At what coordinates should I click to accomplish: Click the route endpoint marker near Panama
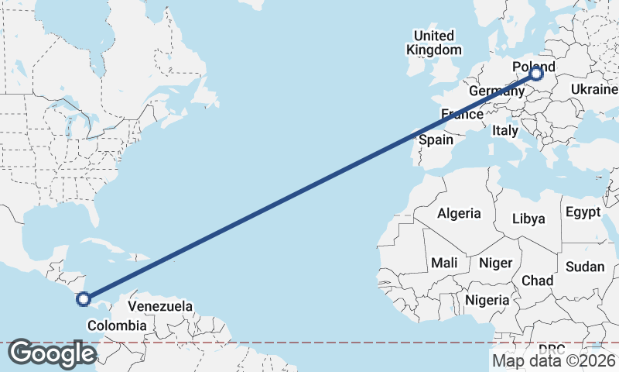click(x=84, y=298)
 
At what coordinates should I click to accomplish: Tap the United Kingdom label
click(x=433, y=43)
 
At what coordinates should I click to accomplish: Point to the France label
click(x=462, y=115)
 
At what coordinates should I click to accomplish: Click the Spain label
click(x=436, y=140)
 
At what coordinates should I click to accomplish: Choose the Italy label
click(x=505, y=131)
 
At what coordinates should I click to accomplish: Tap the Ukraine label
click(x=593, y=90)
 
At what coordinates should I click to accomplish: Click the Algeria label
click(x=459, y=213)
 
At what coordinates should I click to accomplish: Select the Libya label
click(x=528, y=219)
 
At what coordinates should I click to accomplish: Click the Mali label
click(x=445, y=263)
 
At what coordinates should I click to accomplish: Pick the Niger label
click(x=495, y=263)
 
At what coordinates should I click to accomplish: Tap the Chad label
click(x=537, y=280)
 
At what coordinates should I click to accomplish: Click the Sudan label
click(x=586, y=267)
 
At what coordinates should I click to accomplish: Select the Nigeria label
click(x=487, y=300)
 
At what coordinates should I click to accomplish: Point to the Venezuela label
click(x=159, y=306)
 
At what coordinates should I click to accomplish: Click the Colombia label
click(x=115, y=325)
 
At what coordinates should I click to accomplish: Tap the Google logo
click(x=52, y=353)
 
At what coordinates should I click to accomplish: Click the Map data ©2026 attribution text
click(x=554, y=360)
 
